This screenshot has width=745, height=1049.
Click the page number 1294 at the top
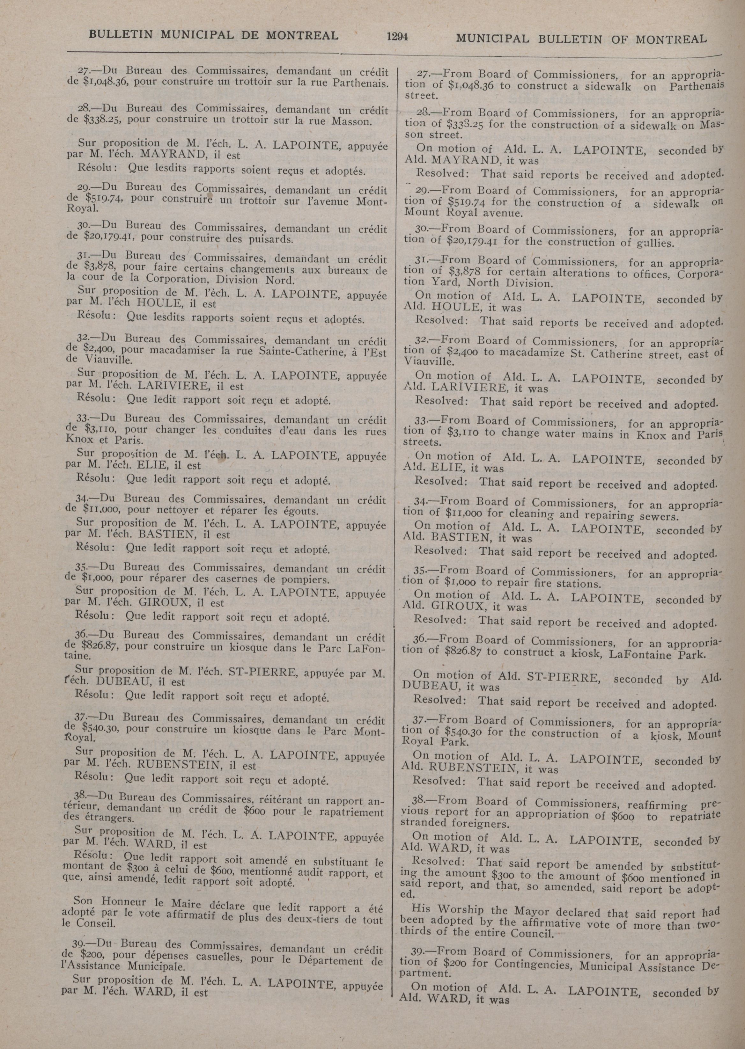click(x=397, y=36)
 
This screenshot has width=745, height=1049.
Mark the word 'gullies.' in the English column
click(x=655, y=243)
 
